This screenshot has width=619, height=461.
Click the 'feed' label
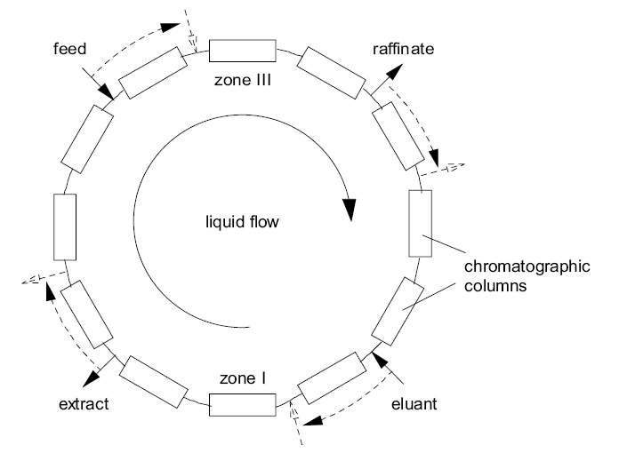click(x=68, y=50)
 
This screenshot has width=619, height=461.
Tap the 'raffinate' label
click(x=404, y=50)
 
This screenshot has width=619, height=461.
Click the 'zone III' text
click(x=242, y=79)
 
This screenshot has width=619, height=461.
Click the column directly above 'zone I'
click(x=243, y=405)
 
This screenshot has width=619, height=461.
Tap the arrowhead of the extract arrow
click(x=89, y=378)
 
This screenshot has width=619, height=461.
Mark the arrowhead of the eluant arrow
click(x=377, y=358)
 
